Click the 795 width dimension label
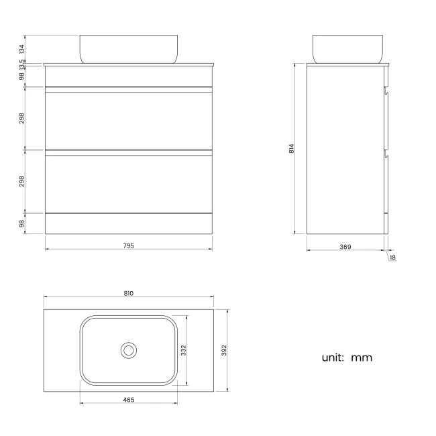[129, 246]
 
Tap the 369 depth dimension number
[345, 247]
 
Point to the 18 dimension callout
[392, 258]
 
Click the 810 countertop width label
[129, 293]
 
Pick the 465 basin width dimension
[129, 400]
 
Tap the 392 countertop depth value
[225, 349]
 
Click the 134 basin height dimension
[21, 49]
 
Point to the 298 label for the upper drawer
[21, 118]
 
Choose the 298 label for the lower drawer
[21, 180]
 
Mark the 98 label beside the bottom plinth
[21, 223]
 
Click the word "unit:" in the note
[333, 358]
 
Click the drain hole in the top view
[129, 349]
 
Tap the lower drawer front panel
[129, 182]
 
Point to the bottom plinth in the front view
[129, 224]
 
